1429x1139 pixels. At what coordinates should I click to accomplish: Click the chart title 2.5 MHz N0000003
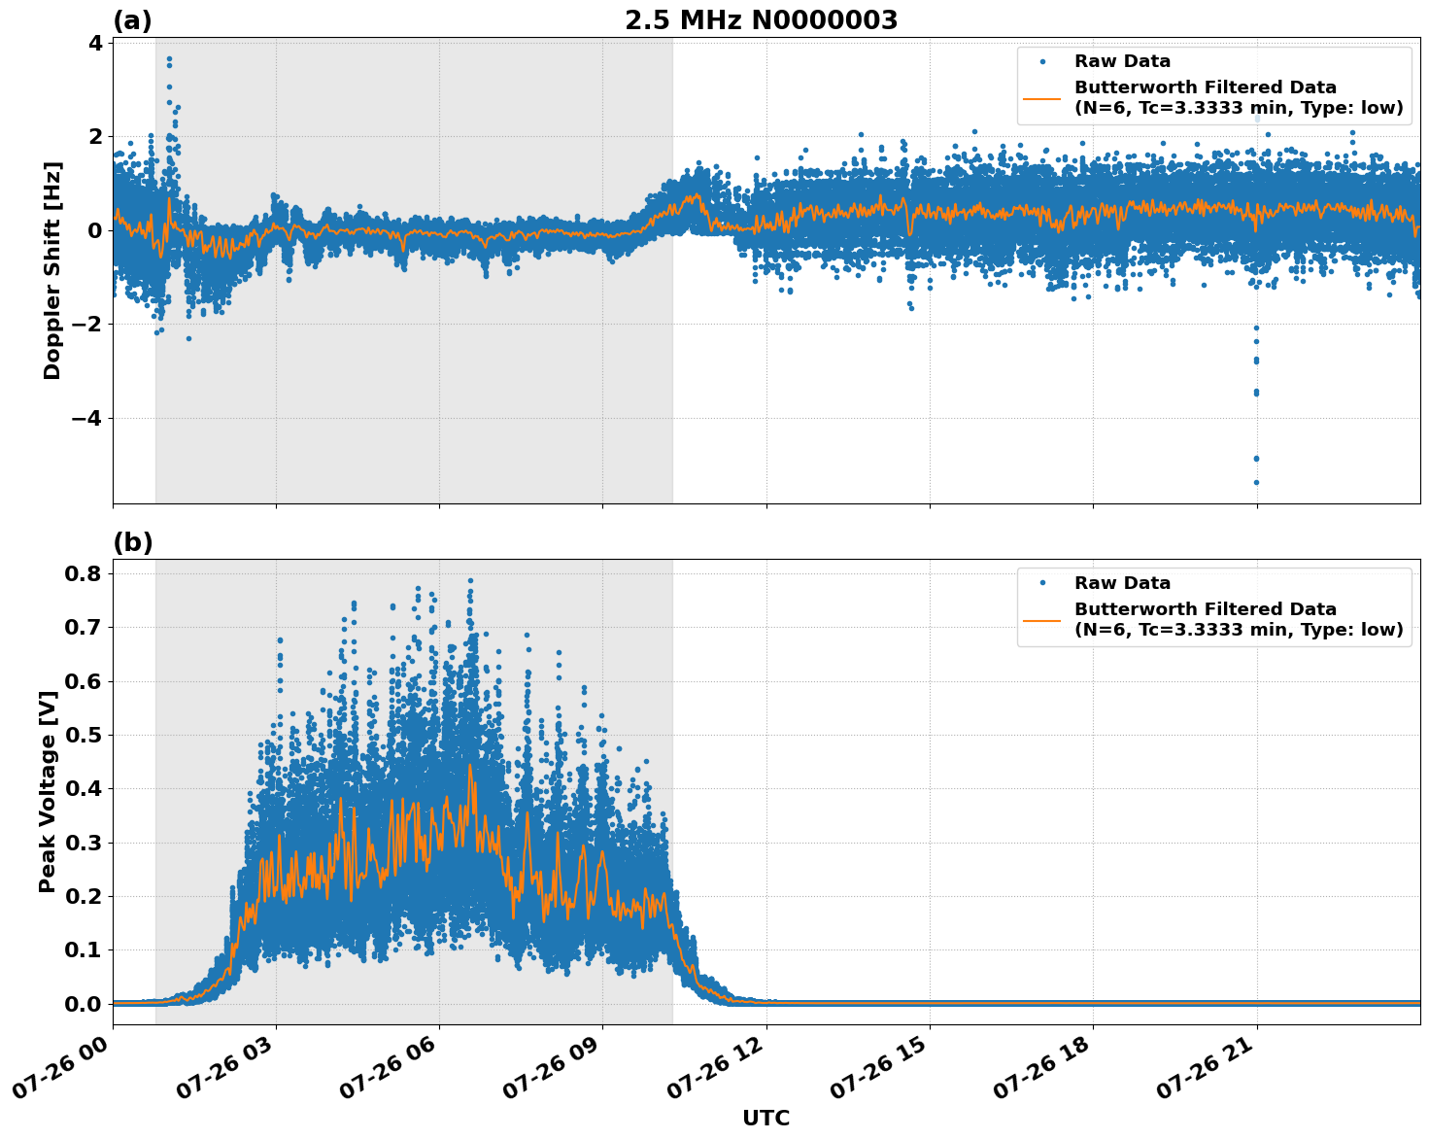click(x=761, y=20)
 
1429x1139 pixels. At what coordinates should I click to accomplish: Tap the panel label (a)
click(x=132, y=20)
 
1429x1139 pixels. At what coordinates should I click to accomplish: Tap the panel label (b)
click(x=132, y=542)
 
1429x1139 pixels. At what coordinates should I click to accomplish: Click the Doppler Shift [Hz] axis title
click(x=52, y=270)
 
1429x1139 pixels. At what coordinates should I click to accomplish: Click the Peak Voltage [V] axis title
click(x=47, y=791)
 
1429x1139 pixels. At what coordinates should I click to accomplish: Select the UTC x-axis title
click(x=766, y=1118)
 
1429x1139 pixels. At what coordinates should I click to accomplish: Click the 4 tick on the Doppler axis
click(x=95, y=43)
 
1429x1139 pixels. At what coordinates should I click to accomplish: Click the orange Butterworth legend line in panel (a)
click(x=1042, y=98)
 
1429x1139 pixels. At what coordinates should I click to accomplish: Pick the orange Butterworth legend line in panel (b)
click(x=1042, y=619)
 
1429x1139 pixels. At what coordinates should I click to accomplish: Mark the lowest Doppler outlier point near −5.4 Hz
click(x=1256, y=482)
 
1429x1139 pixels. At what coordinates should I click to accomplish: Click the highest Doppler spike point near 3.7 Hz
click(x=169, y=58)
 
